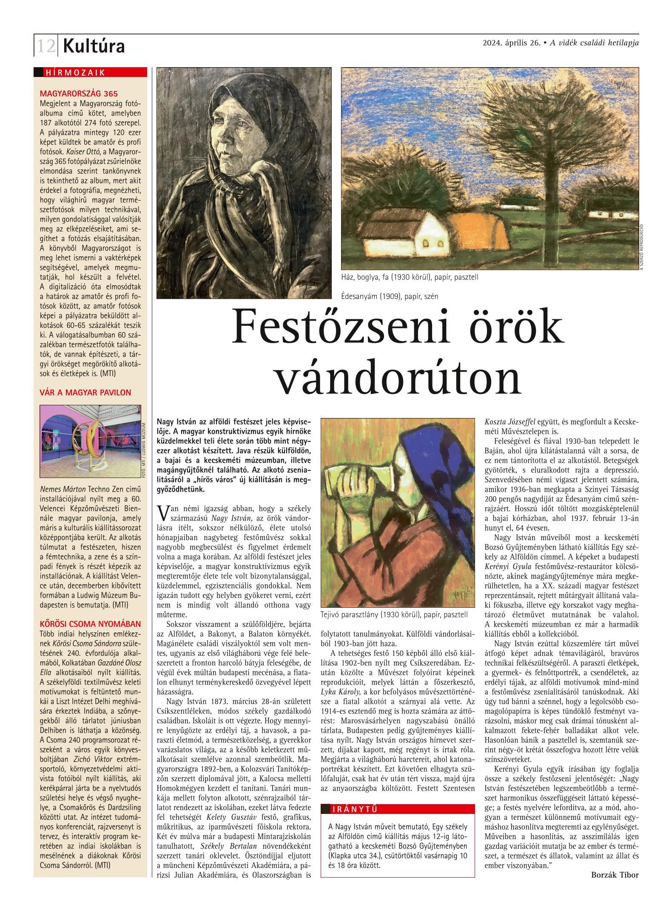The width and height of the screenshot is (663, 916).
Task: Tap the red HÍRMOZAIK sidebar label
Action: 75,73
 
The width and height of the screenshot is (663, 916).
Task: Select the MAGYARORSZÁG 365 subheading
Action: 79,93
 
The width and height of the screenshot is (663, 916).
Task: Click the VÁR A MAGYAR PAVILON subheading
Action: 85,392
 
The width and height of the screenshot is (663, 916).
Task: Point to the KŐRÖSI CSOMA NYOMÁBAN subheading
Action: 90,624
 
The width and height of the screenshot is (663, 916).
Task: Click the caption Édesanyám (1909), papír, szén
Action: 389,296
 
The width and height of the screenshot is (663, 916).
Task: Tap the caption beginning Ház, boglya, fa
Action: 410,277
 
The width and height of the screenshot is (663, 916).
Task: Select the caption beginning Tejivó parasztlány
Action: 394,614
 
